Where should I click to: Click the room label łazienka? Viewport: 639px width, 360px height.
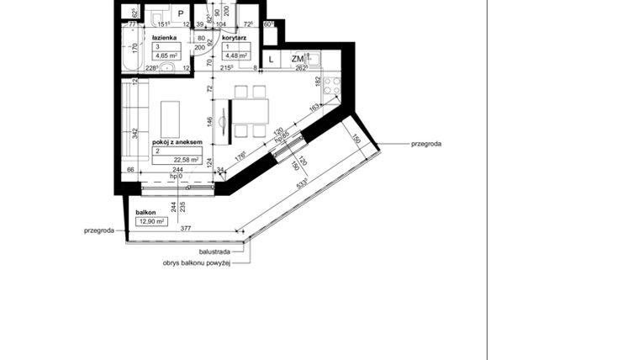click(x=163, y=39)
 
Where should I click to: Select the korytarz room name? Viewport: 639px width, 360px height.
click(x=231, y=39)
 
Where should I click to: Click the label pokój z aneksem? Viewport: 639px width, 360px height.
click(x=177, y=143)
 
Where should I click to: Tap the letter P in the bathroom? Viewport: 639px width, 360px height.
click(x=180, y=14)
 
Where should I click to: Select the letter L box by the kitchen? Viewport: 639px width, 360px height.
click(x=272, y=59)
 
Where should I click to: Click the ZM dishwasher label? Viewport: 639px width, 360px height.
click(x=298, y=59)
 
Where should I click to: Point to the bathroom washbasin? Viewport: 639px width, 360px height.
click(x=166, y=67)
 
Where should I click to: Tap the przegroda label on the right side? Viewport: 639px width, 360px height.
click(x=426, y=144)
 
